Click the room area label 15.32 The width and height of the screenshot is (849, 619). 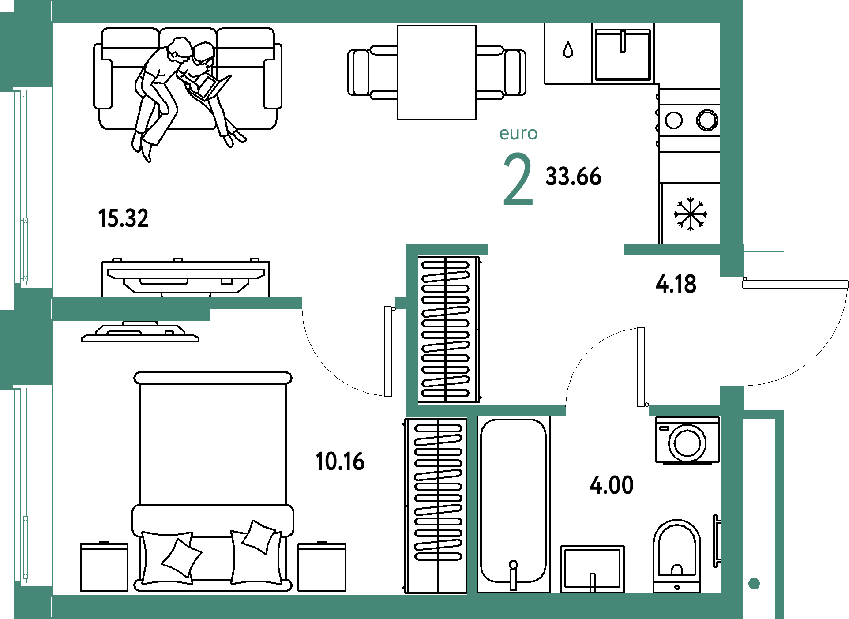(124, 218)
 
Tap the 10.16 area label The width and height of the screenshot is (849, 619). (341, 461)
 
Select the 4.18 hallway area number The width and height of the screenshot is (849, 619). (676, 284)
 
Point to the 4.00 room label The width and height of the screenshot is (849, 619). (612, 485)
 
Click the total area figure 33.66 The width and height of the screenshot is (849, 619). (573, 176)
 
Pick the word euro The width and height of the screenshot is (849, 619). (518, 133)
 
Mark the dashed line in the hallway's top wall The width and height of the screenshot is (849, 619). (556, 249)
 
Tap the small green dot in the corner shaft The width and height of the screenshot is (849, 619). (754, 584)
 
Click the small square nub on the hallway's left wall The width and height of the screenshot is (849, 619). (401, 303)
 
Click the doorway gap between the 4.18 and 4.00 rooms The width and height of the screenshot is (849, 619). (607, 410)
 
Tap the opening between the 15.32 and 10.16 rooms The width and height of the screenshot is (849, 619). (349, 303)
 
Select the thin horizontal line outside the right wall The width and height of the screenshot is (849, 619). (764, 251)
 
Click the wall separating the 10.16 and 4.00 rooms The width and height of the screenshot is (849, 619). (472, 503)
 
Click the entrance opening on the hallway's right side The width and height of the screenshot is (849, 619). (733, 331)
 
